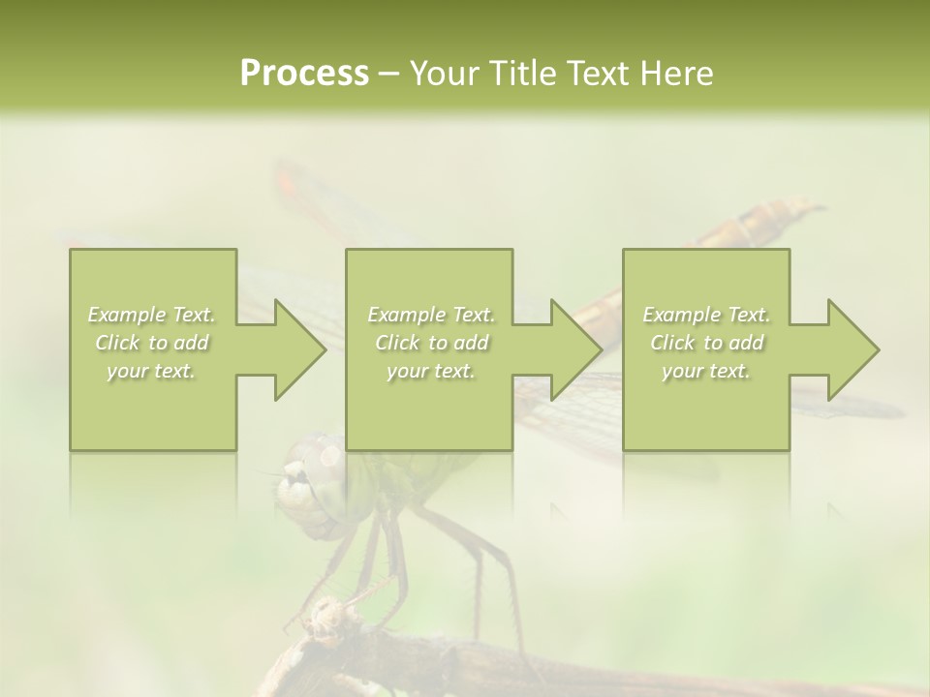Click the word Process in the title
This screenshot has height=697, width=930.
tap(304, 74)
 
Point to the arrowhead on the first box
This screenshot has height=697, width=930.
tap(294, 349)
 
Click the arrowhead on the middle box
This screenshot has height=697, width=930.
tap(572, 349)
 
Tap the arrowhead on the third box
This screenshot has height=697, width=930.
tap(849, 349)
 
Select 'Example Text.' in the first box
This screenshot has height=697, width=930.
tap(152, 315)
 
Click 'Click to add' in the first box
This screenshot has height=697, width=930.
tap(152, 343)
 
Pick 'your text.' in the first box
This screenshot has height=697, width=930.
tap(152, 371)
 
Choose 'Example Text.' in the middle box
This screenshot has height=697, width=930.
tap(431, 315)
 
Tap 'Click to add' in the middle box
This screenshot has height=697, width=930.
tap(431, 343)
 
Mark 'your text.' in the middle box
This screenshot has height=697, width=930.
tap(431, 371)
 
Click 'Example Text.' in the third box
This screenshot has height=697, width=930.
tap(706, 315)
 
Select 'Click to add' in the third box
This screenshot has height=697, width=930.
tap(706, 343)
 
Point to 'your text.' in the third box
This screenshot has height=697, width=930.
tap(706, 371)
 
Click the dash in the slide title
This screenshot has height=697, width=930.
tap(389, 75)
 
